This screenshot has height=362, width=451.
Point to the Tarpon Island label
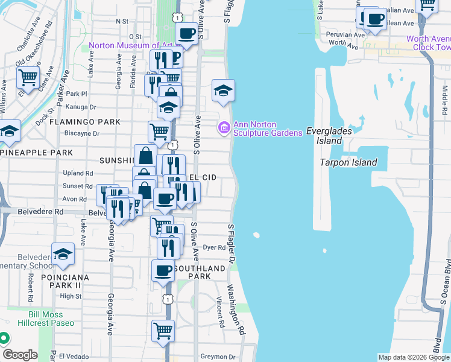coord(348,162)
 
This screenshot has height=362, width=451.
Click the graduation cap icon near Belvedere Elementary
coord(63,255)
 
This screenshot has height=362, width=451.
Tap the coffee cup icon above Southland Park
coord(162,271)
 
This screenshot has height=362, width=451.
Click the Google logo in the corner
coord(20,354)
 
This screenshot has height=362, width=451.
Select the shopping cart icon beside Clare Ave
coord(28,77)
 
